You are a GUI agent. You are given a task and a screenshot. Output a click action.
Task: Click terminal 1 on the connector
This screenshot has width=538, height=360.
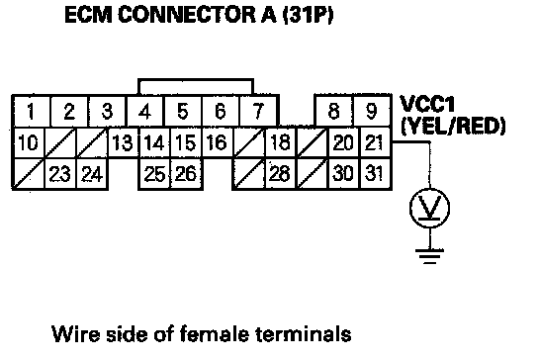tap(32, 111)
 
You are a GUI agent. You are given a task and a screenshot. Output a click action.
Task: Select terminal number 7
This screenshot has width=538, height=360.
tap(258, 111)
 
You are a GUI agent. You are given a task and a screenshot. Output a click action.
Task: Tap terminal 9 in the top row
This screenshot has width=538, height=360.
tap(372, 111)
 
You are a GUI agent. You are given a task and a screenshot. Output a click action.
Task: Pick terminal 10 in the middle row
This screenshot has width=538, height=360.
tap(29, 143)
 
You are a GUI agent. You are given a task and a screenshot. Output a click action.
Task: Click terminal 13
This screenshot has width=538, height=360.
tap(123, 143)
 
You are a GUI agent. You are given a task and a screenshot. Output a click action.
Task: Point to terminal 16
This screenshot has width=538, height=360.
tap(217, 143)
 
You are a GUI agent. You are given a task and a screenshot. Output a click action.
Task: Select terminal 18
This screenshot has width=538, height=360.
tap(280, 143)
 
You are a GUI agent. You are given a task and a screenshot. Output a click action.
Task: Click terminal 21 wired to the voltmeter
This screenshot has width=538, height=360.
tap(375, 143)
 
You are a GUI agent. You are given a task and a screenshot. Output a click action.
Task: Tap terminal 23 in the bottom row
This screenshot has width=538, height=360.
tap(60, 174)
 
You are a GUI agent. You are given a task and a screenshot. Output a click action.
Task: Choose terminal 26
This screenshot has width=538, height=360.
tap(186, 174)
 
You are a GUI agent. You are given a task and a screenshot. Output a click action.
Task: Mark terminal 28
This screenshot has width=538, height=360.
tap(280, 174)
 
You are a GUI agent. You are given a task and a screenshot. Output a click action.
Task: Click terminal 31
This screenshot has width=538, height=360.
tap(375, 174)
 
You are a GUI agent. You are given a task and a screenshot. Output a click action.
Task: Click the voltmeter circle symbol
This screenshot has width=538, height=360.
tap(429, 189)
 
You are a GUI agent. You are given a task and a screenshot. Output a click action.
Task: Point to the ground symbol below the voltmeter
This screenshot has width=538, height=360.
tap(429, 256)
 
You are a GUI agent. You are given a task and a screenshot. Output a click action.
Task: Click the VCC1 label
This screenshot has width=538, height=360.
tap(427, 104)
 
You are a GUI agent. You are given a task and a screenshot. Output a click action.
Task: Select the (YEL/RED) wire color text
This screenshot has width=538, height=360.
tap(453, 127)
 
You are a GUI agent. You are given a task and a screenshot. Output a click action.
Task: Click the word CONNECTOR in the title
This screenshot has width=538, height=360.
tap(187, 15)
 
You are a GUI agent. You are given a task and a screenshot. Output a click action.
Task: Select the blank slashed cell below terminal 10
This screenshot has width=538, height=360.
tap(29, 174)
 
